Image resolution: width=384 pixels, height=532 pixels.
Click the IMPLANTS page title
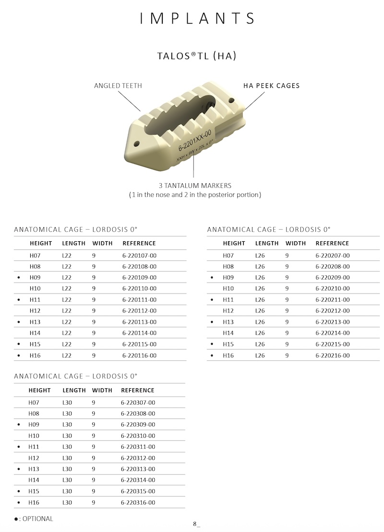coord(197,18)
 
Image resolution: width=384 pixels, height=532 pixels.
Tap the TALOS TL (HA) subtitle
coord(197,56)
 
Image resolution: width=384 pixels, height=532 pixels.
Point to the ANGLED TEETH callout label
coord(118,86)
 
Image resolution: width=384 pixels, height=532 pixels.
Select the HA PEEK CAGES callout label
coord(272,86)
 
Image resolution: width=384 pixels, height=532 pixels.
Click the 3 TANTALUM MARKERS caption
coord(195,186)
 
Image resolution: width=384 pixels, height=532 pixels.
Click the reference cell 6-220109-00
coord(139,278)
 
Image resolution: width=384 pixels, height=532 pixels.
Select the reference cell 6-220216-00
coord(332,356)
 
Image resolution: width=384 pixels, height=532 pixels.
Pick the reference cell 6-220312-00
coord(138,458)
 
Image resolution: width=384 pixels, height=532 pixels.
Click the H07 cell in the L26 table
coord(228,256)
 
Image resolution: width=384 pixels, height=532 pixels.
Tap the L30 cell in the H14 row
coord(67,480)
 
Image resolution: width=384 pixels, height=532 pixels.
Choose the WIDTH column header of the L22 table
coord(102,243)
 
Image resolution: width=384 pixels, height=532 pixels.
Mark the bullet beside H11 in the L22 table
coord(18,300)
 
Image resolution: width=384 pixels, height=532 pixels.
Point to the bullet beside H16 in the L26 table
coord(212,356)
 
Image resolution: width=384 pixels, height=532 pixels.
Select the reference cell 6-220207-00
coord(332,256)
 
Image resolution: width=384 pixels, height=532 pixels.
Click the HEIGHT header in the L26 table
coord(234,243)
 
